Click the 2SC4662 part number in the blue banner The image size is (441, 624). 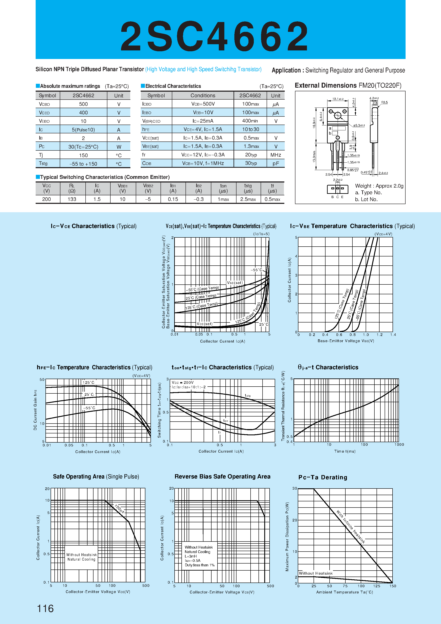(x=215, y=36)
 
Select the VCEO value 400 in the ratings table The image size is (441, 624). (x=83, y=113)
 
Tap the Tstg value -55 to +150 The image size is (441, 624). (x=83, y=164)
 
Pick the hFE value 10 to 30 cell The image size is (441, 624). (x=250, y=129)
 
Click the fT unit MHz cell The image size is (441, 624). (x=276, y=155)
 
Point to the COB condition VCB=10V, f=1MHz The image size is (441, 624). (x=203, y=163)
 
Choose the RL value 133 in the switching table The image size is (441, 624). (x=72, y=199)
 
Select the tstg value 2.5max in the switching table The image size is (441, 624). (x=248, y=199)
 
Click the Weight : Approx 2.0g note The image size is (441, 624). (x=379, y=186)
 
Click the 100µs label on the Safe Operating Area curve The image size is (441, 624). (x=120, y=509)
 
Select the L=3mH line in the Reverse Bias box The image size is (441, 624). (x=191, y=556)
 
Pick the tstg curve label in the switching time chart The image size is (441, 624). (x=248, y=395)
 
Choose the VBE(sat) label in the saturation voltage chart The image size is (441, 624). (x=235, y=283)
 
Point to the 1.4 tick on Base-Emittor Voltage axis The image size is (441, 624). (x=393, y=335)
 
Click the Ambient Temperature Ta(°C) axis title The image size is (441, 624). (x=345, y=592)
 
